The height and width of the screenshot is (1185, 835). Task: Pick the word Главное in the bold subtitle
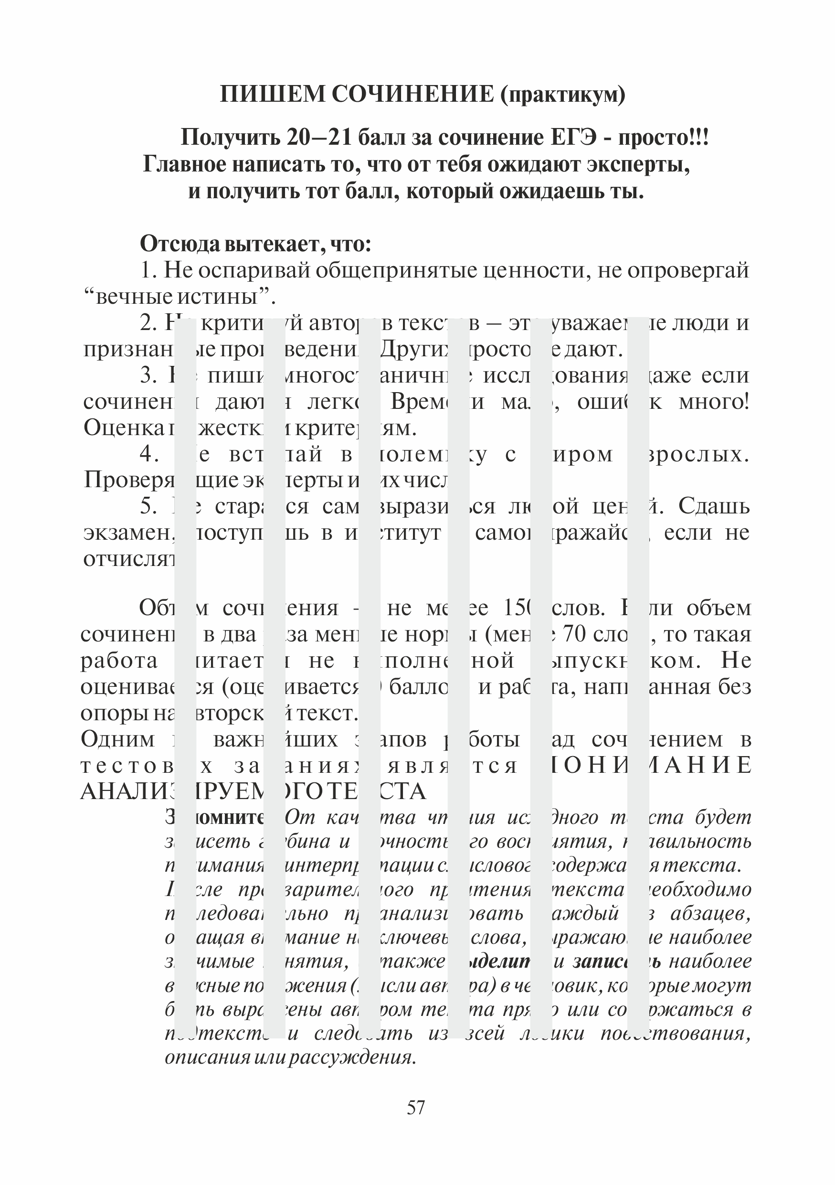tap(184, 164)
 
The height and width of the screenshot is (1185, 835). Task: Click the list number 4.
tap(149, 454)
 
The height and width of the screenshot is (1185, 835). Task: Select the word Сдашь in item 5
tap(714, 506)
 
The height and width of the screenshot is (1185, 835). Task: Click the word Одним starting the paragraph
tap(117, 740)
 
